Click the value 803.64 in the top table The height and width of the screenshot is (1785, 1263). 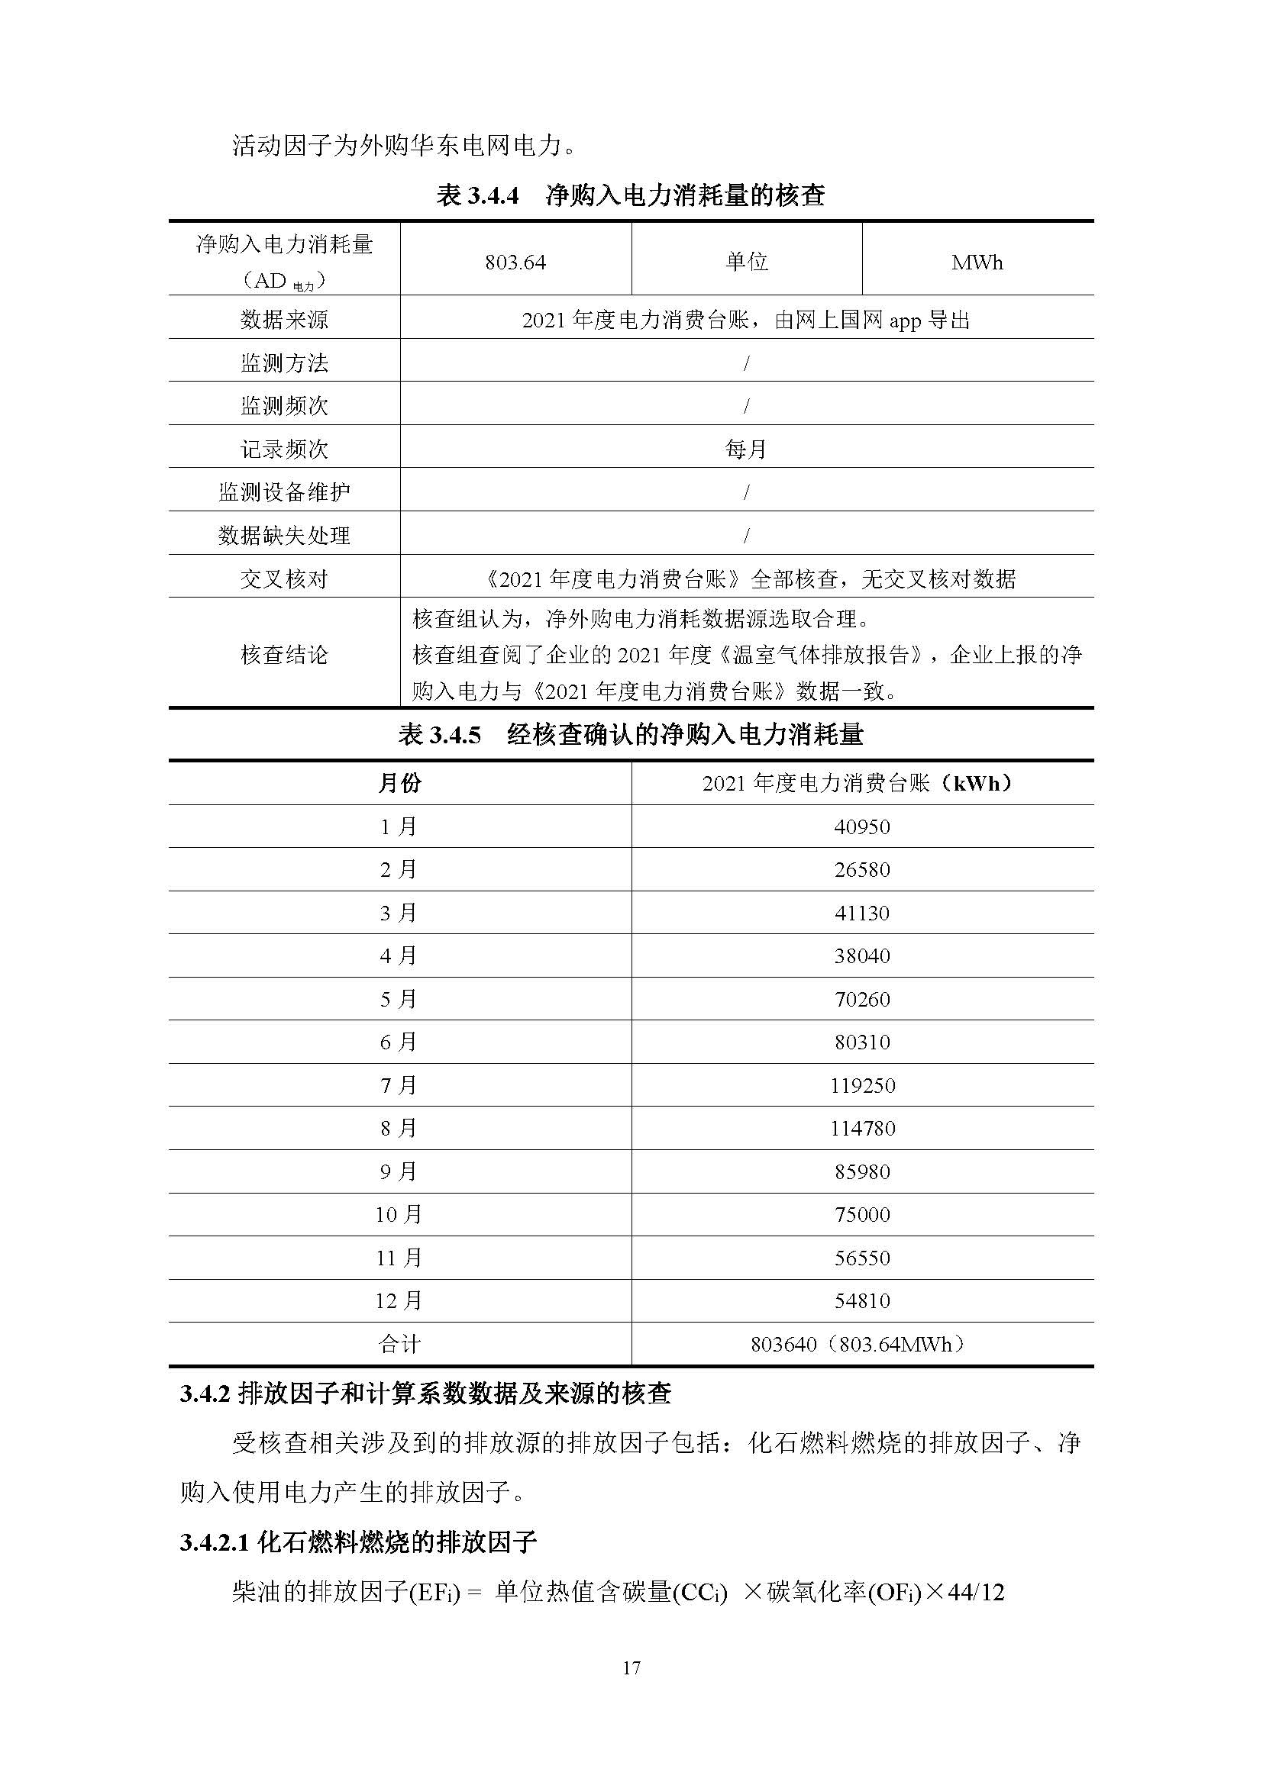click(515, 263)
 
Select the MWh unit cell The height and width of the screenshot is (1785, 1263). click(977, 263)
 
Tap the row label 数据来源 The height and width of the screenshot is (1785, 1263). click(284, 320)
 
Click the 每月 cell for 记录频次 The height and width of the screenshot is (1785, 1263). click(746, 449)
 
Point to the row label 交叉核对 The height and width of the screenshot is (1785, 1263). click(284, 579)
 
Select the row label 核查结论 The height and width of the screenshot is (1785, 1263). click(284, 655)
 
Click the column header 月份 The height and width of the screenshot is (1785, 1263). click(399, 783)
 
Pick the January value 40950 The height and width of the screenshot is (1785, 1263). click(861, 826)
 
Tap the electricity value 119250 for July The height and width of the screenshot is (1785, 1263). click(861, 1085)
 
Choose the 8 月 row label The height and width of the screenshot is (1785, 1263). click(399, 1128)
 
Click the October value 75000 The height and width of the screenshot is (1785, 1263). click(861, 1214)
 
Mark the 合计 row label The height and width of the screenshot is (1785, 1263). click(399, 1344)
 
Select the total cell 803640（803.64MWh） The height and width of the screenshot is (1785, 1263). click(861, 1344)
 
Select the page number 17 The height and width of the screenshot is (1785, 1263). click(631, 1667)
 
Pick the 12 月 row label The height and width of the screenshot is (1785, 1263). click(399, 1300)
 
